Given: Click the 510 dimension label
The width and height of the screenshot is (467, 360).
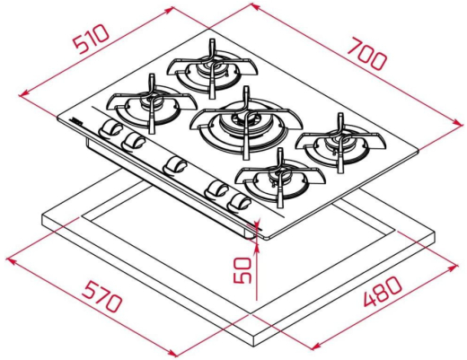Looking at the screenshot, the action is point(92,40).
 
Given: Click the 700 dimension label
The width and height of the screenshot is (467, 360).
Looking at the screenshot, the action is point(366,54).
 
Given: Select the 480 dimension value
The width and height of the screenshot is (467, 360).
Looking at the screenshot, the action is point(383,292).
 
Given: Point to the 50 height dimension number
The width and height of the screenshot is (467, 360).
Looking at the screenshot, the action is point(242,270).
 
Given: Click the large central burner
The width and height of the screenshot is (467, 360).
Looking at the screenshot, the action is point(246,123).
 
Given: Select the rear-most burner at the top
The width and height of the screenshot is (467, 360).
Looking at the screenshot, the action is point(212,69).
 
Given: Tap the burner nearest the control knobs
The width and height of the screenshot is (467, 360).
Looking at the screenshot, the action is point(153,104).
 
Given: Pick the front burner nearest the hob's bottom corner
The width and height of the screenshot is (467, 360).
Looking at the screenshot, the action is point(280,179).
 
